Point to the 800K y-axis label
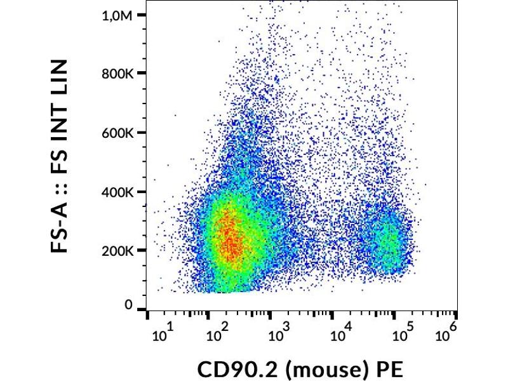point(118,74)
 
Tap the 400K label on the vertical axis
point(118,192)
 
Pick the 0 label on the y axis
point(129,305)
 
